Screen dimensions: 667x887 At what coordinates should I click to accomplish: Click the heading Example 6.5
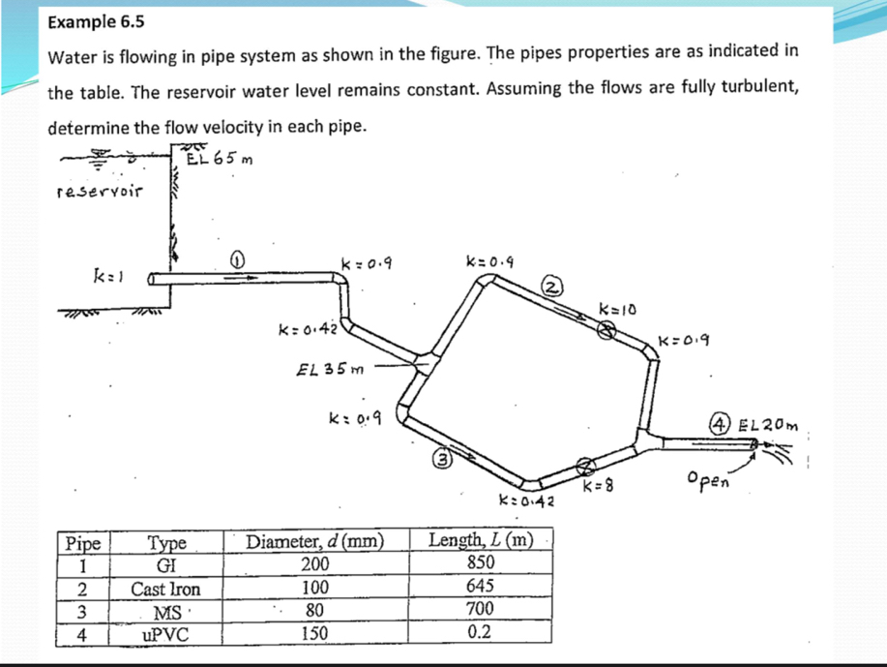point(90,21)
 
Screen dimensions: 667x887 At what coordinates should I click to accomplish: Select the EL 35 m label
point(326,368)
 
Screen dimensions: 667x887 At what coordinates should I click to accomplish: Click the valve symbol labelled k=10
point(605,331)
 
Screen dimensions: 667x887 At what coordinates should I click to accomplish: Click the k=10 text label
point(615,308)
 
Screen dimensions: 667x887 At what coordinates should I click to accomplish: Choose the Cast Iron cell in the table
point(166,589)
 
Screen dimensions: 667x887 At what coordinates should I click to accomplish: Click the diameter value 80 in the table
point(315,611)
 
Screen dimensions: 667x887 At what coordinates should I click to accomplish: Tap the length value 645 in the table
point(480,587)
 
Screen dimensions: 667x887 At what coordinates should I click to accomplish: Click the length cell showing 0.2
point(480,633)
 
